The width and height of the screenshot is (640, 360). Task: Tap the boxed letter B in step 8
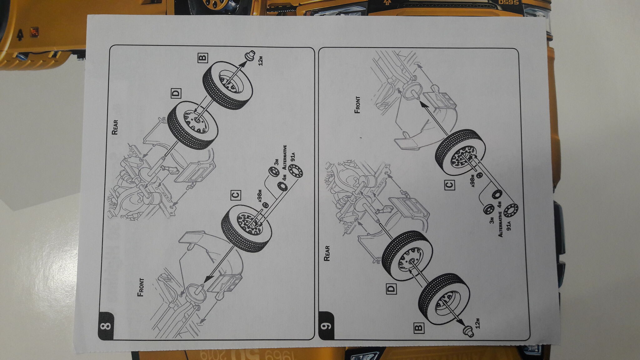202,57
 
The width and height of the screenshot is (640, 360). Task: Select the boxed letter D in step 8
176,93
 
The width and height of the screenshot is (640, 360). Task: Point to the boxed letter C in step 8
236,195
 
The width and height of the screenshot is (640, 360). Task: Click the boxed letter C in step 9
449,185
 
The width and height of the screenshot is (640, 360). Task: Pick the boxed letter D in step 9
391,289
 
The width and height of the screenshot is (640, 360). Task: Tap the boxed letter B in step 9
419,328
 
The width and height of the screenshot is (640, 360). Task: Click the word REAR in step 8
115,127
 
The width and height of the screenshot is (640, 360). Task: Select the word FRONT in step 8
141,287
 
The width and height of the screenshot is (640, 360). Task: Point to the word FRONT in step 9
357,105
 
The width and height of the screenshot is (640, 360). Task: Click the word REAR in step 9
327,253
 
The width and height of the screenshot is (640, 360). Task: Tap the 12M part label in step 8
260,61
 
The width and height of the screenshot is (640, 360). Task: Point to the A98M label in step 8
260,196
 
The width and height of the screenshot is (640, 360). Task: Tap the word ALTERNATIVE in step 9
500,224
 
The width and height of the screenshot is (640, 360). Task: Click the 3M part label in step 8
276,162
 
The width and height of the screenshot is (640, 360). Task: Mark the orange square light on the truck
34,32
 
